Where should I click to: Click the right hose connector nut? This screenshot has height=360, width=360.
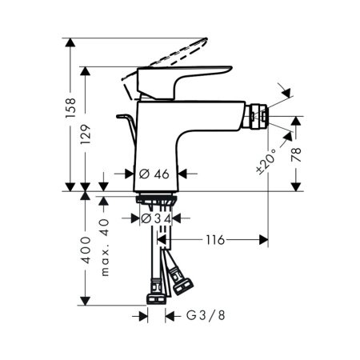tap(178, 282)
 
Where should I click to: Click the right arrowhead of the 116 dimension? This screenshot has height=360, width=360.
tap(263, 239)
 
